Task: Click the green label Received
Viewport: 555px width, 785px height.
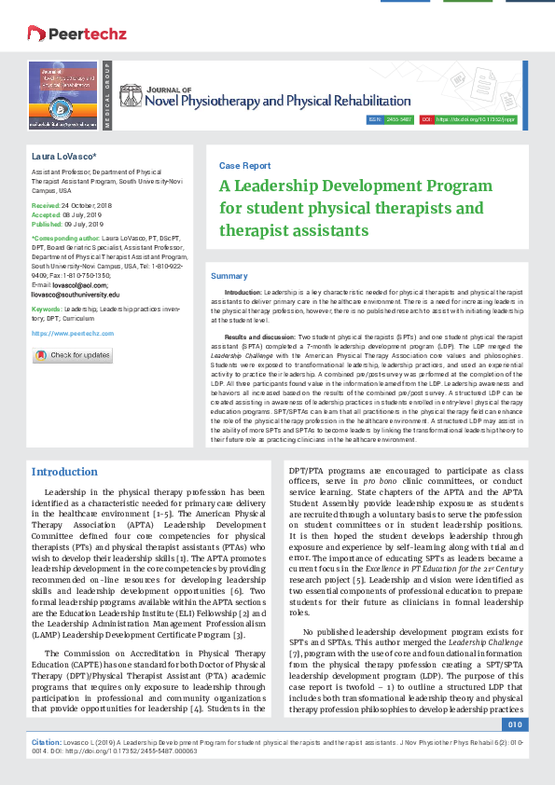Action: coord(45,203)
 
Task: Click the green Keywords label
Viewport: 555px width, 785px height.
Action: coord(47,309)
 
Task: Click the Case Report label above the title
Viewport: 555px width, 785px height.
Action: coord(244,165)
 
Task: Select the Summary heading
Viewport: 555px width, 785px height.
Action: coord(229,276)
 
